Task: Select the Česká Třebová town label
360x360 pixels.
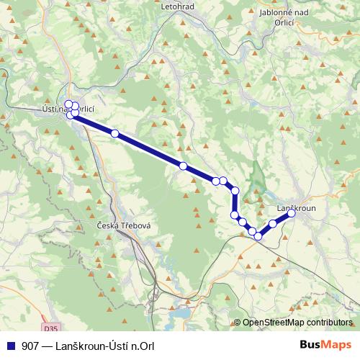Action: coord(123,225)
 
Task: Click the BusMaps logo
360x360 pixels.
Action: coord(325,344)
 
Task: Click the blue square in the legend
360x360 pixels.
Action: coord(10,345)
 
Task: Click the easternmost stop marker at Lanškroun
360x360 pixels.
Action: coord(292,213)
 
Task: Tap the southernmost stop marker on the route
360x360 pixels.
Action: coord(258,235)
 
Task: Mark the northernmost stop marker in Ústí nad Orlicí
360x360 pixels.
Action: coord(68,104)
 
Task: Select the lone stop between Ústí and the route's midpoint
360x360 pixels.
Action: coord(114,133)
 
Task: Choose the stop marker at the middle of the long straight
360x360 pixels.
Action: coord(183,166)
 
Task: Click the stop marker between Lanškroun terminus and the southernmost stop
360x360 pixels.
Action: coord(274,224)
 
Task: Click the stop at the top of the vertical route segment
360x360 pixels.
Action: coord(235,191)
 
